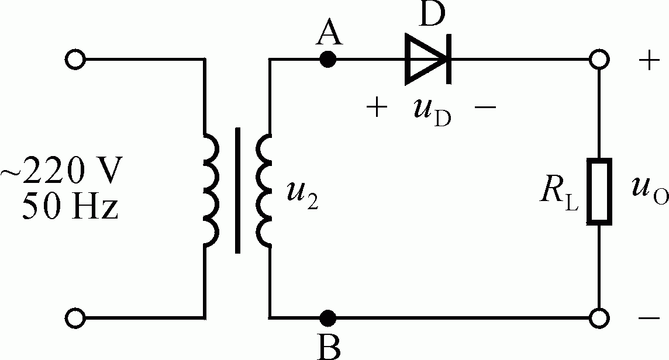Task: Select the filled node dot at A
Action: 329,60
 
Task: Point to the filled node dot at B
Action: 329,318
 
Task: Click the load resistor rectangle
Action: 599,191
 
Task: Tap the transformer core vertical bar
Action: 238,191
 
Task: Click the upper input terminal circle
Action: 76,60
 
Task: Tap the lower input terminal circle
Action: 76,318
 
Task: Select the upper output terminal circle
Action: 599,60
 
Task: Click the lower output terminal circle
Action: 599,318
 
